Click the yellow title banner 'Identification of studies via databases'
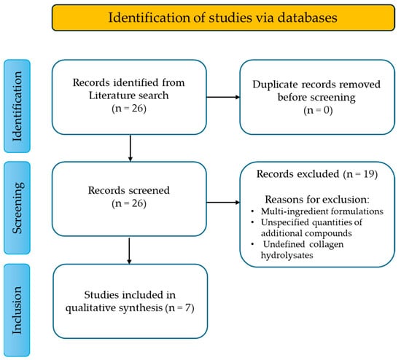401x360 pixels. point(223,17)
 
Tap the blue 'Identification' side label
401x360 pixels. point(17,106)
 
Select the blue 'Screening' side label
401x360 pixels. point(17,208)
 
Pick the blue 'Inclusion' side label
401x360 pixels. point(17,310)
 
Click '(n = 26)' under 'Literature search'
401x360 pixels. point(129,109)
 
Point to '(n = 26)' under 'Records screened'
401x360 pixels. point(129,203)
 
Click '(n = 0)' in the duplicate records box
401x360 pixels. point(318,110)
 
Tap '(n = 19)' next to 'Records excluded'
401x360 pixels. point(360,174)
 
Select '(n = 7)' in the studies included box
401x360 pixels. point(179,308)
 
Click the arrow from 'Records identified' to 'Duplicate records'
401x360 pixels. point(223,97)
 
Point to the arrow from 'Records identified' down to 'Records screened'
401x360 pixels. point(131,148)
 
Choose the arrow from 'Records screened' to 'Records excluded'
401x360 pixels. point(223,203)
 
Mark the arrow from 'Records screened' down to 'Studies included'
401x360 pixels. point(129,251)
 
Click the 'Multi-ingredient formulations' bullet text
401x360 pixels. point(322,211)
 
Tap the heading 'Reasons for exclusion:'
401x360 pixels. point(317,200)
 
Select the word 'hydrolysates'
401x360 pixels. point(287,255)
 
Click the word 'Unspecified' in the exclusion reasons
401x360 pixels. point(285,222)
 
